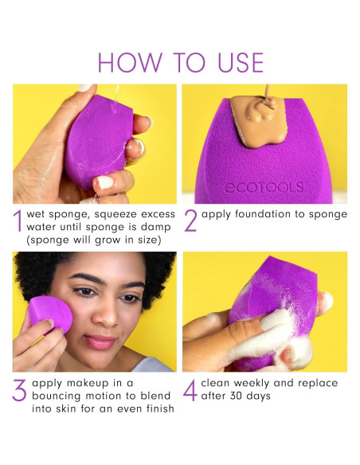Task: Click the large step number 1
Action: point(18,222)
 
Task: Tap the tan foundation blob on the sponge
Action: point(252,122)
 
